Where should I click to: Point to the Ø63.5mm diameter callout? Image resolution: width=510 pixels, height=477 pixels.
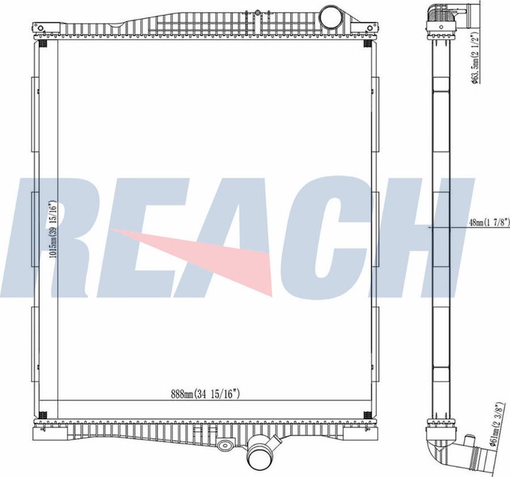475,58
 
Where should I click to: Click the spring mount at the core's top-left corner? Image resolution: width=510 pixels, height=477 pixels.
44,44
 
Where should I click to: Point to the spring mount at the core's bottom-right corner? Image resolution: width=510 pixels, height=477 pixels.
368,415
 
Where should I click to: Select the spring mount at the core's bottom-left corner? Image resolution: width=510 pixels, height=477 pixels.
44,415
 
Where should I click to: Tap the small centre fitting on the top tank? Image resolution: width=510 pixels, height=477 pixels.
257,12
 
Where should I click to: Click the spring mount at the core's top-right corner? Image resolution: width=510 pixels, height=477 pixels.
368,44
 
